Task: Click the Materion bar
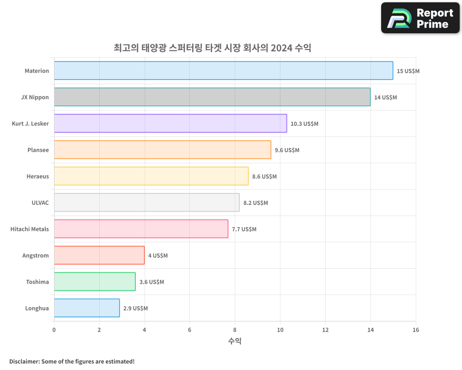[223, 71]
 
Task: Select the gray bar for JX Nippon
[212, 97]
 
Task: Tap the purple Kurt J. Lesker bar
[170, 123]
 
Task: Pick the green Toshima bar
[95, 282]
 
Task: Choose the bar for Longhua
[86, 308]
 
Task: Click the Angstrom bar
[99, 255]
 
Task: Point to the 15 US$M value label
[408, 71]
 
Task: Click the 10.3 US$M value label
[304, 124]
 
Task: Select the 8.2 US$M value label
[255, 203]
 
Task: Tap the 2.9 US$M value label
[135, 308]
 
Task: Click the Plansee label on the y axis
[39, 150]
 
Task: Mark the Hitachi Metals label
[30, 229]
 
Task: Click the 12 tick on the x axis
[325, 330]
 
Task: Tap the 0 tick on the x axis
[54, 330]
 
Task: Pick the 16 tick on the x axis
[416, 330]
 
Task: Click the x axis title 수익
[235, 341]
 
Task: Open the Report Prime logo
[420, 18]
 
